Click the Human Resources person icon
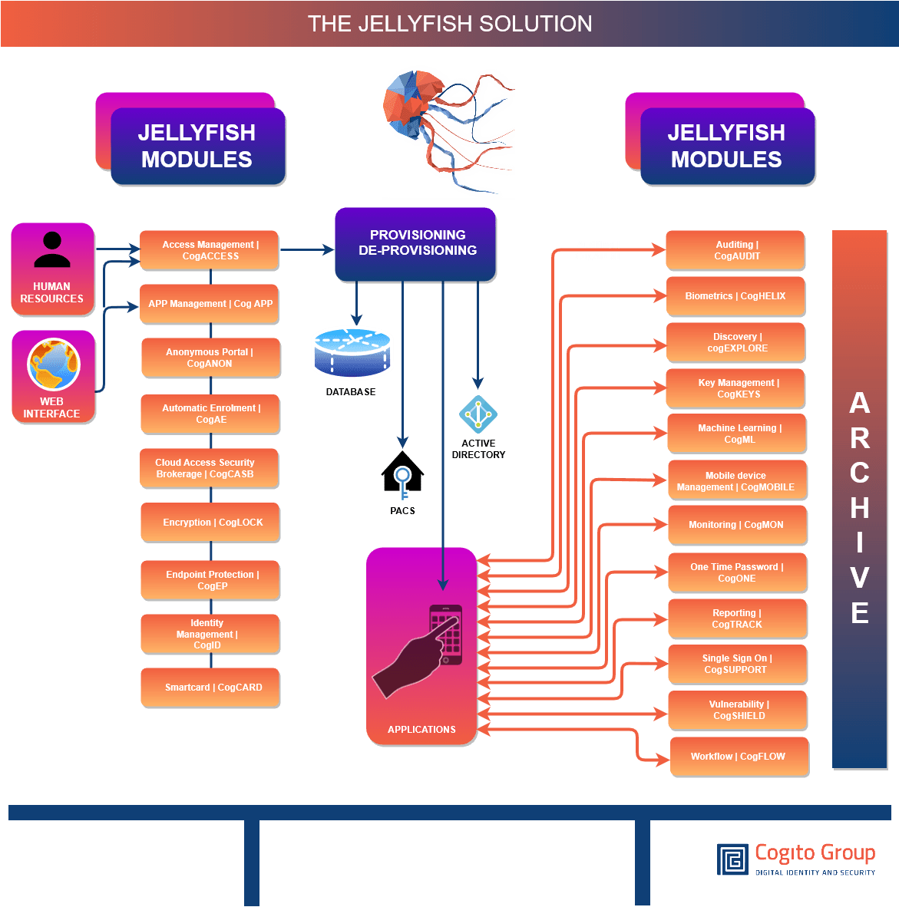pos(52,250)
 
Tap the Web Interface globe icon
pos(53,364)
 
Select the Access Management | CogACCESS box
pos(209,250)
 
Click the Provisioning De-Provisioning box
pos(416,242)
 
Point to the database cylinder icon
pos(352,352)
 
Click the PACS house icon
pos(402,472)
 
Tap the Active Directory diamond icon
pos(478,414)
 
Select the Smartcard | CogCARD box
pos(210,688)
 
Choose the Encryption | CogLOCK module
pos(210,523)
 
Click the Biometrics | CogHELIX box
pos(735,296)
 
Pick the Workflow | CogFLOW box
pos(739,757)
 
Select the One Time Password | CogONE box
pos(737,572)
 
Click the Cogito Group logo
pos(796,859)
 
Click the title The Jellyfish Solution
pos(450,24)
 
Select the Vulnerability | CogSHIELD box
pos(737,710)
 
